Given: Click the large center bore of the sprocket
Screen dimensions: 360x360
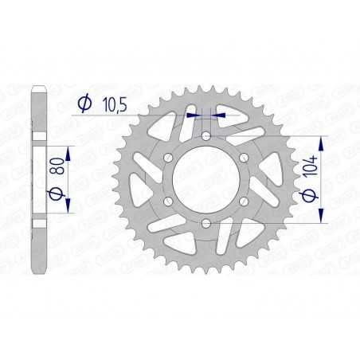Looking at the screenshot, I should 205,180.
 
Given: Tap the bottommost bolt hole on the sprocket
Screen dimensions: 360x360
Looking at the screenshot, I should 205,223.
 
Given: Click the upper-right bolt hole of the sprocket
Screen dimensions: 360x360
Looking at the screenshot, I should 243,158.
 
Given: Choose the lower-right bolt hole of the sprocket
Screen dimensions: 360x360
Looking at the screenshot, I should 243,202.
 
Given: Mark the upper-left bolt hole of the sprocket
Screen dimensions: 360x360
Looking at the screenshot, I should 168,158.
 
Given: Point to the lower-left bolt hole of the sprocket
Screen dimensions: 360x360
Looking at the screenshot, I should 168,202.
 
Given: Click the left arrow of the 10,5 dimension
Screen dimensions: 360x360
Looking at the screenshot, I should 191,115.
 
